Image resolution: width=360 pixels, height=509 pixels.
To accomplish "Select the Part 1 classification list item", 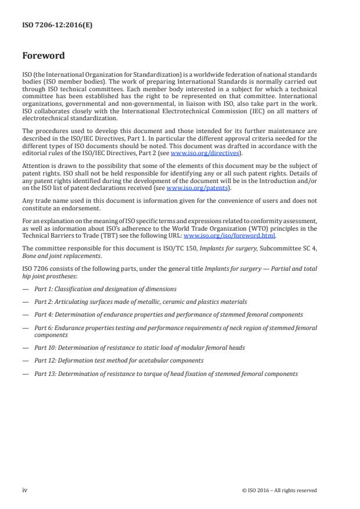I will pyautogui.click(x=105, y=289).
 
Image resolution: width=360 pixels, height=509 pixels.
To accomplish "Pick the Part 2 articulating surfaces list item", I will pyautogui.click(x=140, y=302).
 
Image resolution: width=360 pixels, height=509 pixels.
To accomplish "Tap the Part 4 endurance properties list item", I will pyautogui.click(x=168, y=314).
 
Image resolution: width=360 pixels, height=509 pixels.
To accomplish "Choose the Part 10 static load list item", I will pyautogui.click(x=139, y=347).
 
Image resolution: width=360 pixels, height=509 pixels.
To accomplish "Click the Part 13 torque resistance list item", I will pyautogui.click(x=165, y=374).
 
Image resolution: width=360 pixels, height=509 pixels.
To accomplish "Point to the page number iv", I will pyautogui.click(x=25, y=490).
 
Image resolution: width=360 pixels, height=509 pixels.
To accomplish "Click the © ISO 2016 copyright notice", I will pyautogui.click(x=279, y=490).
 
